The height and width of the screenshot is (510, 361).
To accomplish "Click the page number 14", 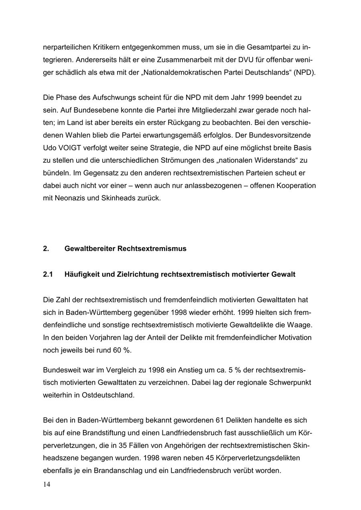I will tap(47, 485).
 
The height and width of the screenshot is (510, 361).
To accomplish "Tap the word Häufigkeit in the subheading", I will tap(83, 274).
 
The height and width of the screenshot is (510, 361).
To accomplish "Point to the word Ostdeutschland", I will tap(108, 395).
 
